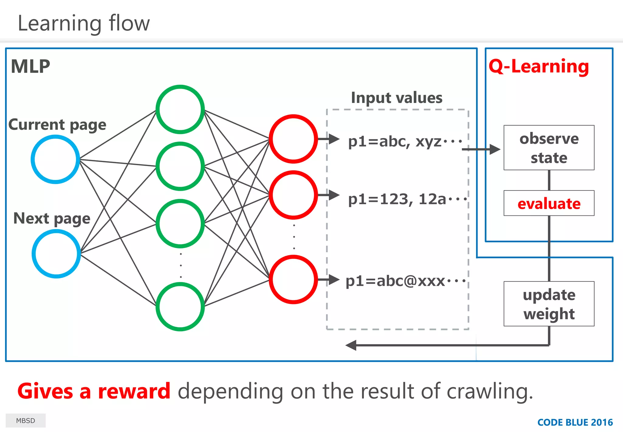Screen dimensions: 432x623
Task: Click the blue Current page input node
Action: click(x=55, y=159)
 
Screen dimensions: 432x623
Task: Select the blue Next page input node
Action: click(x=56, y=254)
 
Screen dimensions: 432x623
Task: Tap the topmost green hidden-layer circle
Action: click(x=180, y=109)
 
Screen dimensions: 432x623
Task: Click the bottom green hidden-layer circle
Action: click(x=180, y=306)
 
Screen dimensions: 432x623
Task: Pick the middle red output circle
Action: click(x=293, y=195)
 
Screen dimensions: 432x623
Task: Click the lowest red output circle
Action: click(x=293, y=279)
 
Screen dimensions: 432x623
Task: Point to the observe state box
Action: click(x=549, y=148)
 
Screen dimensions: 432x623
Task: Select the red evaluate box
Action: click(x=549, y=203)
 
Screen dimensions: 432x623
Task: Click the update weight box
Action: click(x=549, y=304)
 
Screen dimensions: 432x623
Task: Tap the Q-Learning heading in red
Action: click(x=539, y=66)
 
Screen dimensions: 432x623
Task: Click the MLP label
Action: click(x=30, y=66)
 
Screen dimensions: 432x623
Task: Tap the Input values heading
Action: click(x=397, y=98)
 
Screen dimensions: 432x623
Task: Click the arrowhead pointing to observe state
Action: click(x=495, y=149)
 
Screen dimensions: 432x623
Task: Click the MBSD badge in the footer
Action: click(x=26, y=421)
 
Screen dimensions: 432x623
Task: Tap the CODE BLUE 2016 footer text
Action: click(x=575, y=422)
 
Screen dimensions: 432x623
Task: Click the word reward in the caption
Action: click(x=134, y=391)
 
